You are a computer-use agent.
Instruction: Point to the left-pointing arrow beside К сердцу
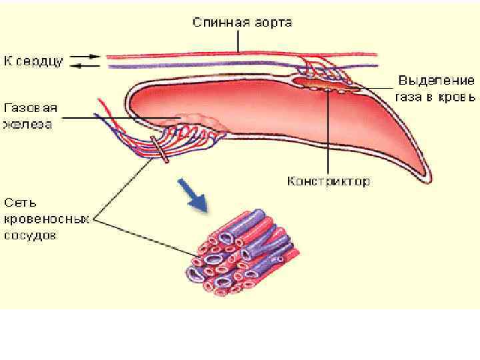[x=84, y=66]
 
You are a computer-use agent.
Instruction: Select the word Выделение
[x=437, y=81]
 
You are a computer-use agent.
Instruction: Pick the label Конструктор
[x=329, y=181]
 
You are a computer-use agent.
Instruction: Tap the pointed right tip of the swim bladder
[x=425, y=175]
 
